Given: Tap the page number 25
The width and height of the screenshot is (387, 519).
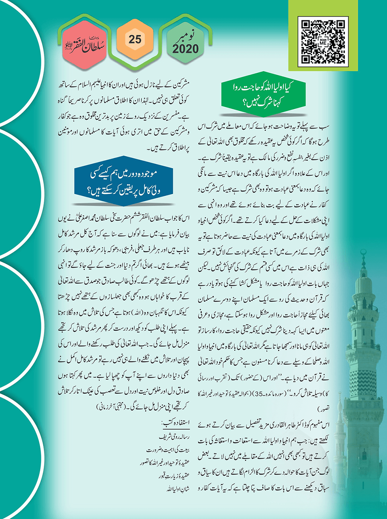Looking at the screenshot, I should [x=135, y=39].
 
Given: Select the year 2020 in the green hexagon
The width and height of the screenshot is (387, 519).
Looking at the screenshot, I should [x=185, y=49].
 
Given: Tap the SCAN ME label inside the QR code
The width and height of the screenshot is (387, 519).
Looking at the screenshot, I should [x=323, y=42].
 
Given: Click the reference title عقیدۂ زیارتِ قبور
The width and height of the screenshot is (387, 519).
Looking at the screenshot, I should [x=174, y=476].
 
